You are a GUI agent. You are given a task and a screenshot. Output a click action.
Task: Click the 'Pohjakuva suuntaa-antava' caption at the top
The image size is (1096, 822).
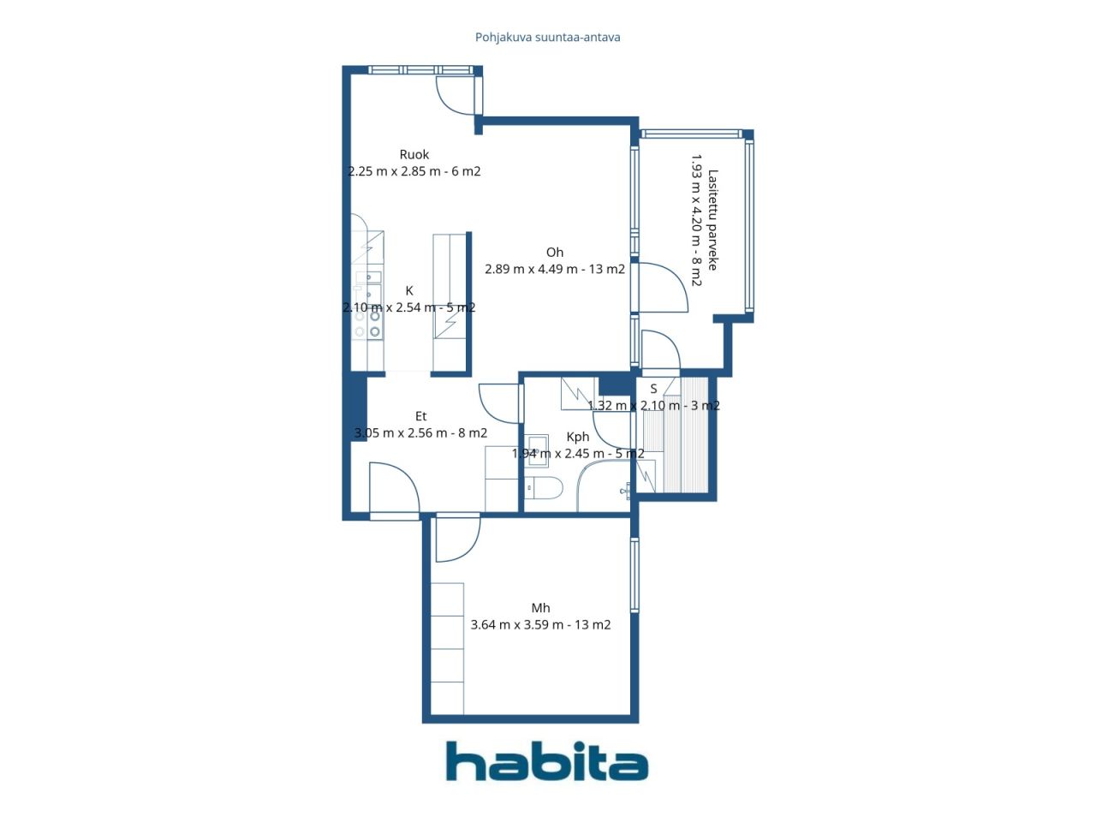[x=548, y=38]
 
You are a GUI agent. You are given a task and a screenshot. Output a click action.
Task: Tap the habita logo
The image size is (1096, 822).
[x=547, y=761]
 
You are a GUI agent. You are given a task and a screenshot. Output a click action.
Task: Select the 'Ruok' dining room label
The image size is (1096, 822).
[x=414, y=155]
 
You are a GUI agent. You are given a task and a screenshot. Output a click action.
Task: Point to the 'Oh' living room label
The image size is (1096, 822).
[x=555, y=253]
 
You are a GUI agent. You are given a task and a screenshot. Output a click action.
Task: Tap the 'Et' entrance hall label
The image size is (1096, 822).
[x=421, y=417]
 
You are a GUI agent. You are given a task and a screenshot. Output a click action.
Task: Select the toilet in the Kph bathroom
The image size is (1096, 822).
[x=544, y=489]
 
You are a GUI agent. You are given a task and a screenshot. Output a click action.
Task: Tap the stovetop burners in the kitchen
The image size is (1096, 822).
[x=374, y=324]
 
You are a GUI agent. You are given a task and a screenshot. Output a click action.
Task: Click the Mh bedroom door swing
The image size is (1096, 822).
[x=456, y=539]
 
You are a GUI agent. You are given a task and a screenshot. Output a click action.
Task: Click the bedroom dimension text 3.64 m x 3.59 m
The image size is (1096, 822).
[x=540, y=625]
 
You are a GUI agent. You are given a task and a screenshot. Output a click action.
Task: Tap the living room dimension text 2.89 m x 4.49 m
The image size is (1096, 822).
[x=555, y=269]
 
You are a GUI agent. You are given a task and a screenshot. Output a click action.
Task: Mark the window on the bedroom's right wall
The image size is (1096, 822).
[x=634, y=574]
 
